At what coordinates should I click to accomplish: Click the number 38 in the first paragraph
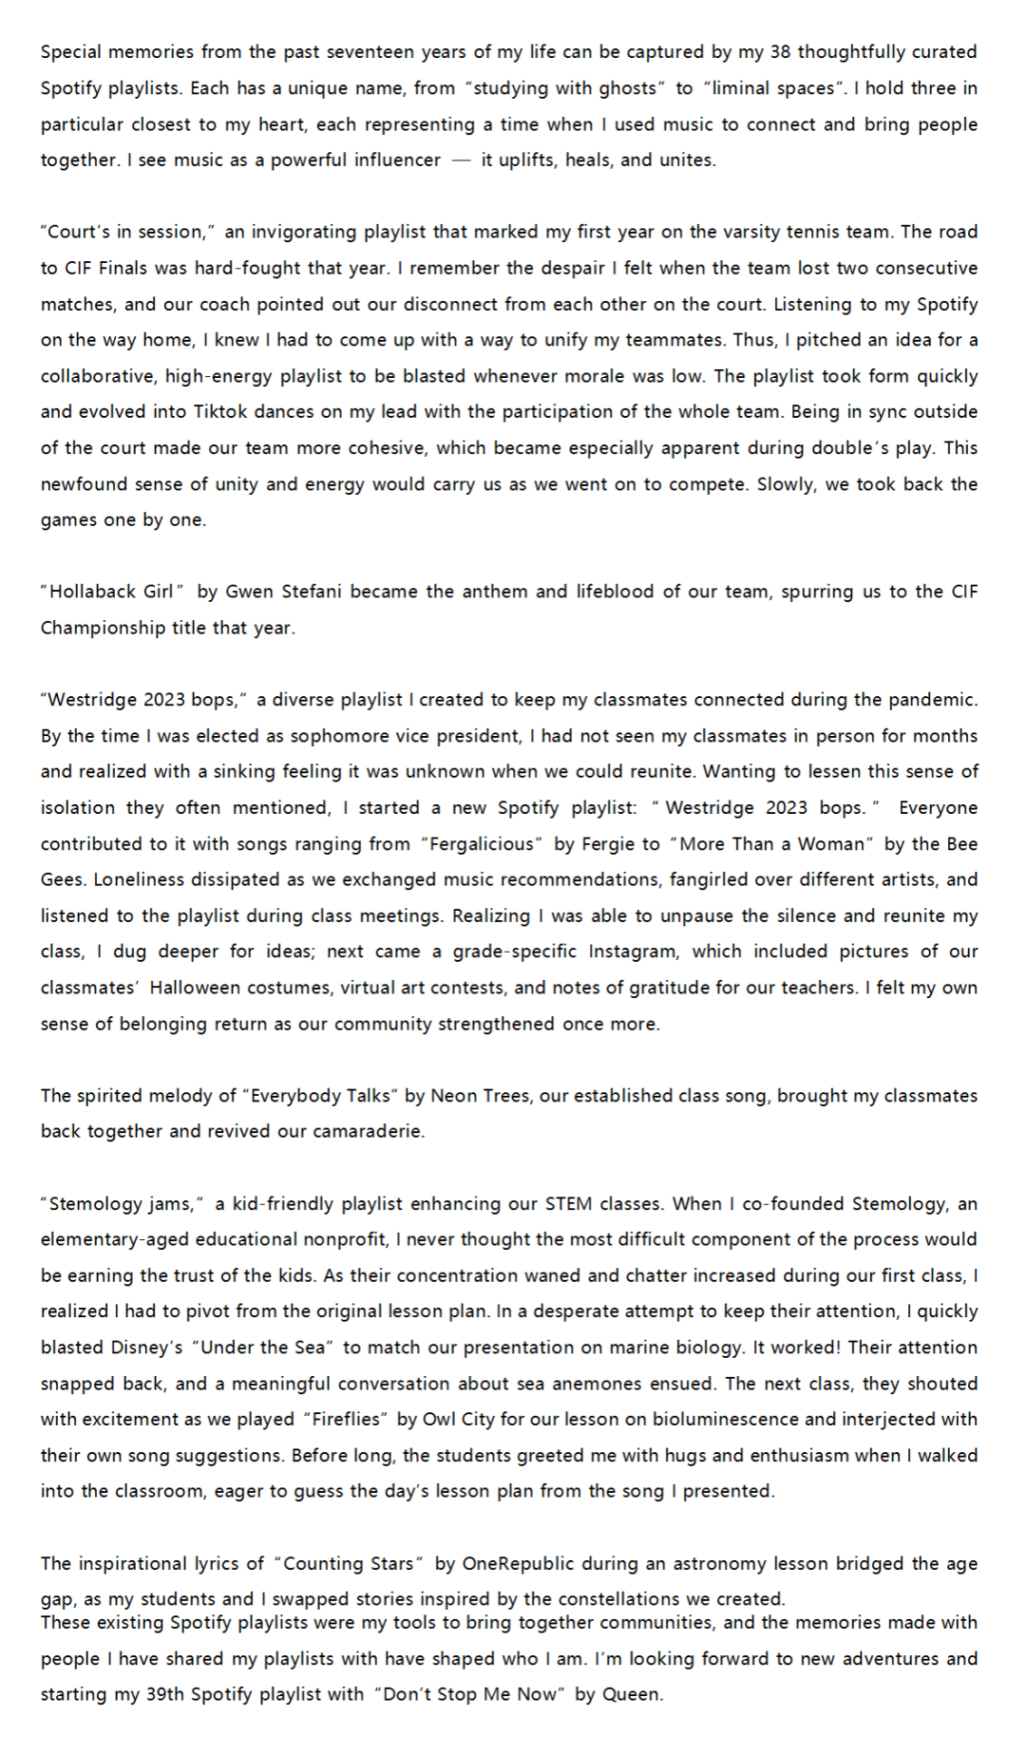click(x=782, y=52)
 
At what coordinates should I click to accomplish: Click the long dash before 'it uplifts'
click(x=461, y=160)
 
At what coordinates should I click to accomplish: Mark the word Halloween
click(x=196, y=988)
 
